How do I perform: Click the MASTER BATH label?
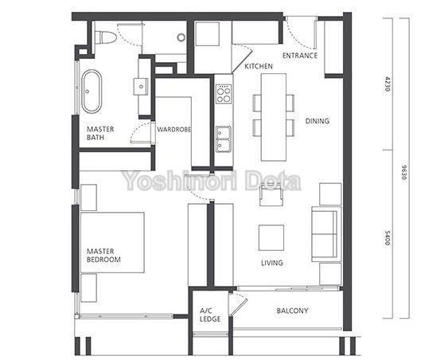(x=100, y=134)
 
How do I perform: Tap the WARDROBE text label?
(x=173, y=129)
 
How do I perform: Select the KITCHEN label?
(x=259, y=66)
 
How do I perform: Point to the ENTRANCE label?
(x=300, y=56)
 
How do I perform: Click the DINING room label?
(x=317, y=121)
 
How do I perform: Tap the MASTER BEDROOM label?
(x=103, y=256)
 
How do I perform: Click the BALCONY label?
(x=292, y=311)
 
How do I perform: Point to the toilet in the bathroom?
(x=103, y=37)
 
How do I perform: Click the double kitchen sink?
(x=224, y=139)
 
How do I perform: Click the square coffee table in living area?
(x=271, y=237)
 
